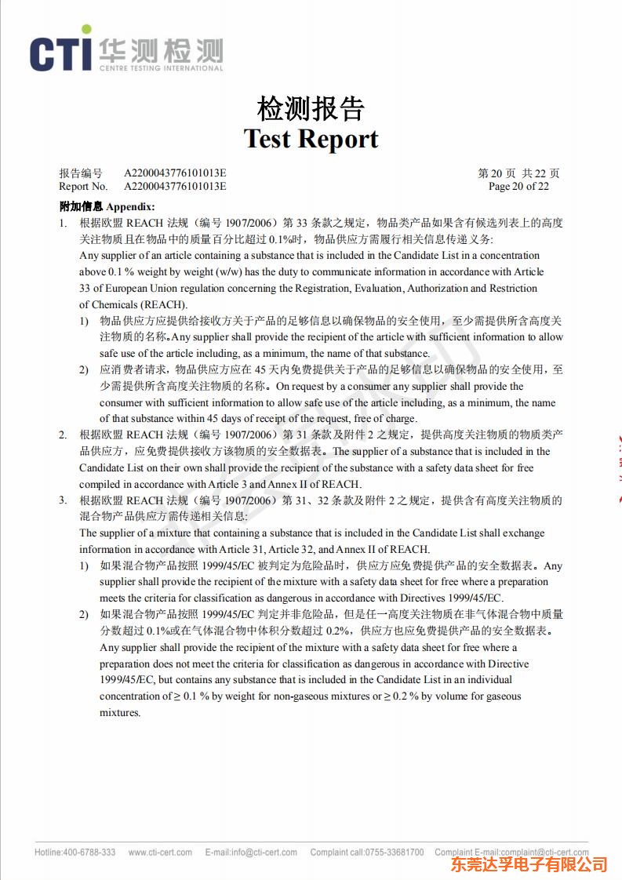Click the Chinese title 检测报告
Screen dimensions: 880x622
coord(311,108)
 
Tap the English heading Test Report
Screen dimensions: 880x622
coord(311,139)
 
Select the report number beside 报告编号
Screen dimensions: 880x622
coord(175,173)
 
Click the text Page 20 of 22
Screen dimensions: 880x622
coord(518,187)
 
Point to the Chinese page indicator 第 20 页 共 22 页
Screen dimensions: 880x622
coord(518,173)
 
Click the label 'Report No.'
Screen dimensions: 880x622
coord(83,187)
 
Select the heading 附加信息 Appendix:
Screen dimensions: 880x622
coord(107,207)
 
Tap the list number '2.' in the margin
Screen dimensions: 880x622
coord(64,435)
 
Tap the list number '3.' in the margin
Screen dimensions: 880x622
coord(64,500)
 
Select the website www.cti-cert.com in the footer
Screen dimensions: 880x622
coord(160,853)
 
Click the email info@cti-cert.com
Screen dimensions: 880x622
coord(264,853)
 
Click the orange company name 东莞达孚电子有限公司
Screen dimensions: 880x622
coord(529,865)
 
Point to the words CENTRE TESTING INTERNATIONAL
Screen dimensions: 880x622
coord(161,68)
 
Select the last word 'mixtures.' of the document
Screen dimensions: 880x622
coord(120,713)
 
